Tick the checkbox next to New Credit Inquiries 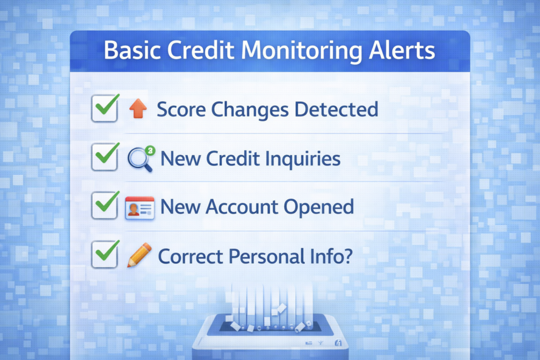104,157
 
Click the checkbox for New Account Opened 104,206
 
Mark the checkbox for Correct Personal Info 104,255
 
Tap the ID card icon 139,208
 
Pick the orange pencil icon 139,255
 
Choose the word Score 181,109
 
